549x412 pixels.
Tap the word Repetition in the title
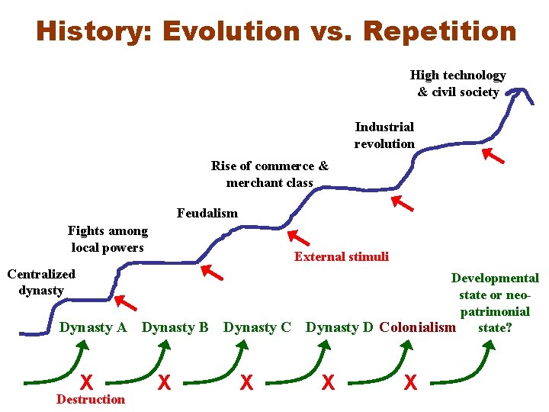click(x=440, y=31)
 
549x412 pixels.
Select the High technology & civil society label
click(x=457, y=83)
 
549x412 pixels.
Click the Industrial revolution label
click(x=384, y=135)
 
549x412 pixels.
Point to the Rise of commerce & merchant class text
click(x=270, y=174)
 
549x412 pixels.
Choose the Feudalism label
click(x=207, y=213)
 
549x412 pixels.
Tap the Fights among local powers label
click(x=108, y=239)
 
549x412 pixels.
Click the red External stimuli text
click(x=341, y=256)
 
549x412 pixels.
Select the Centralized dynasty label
click(x=41, y=282)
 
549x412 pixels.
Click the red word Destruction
click(x=91, y=399)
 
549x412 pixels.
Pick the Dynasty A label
click(x=93, y=327)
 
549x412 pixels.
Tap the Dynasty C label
click(x=257, y=327)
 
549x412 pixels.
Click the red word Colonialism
click(x=417, y=327)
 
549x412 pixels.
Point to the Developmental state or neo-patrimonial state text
click(x=495, y=303)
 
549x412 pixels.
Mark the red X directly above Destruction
click(x=88, y=381)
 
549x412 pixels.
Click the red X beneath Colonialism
click(x=410, y=381)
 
